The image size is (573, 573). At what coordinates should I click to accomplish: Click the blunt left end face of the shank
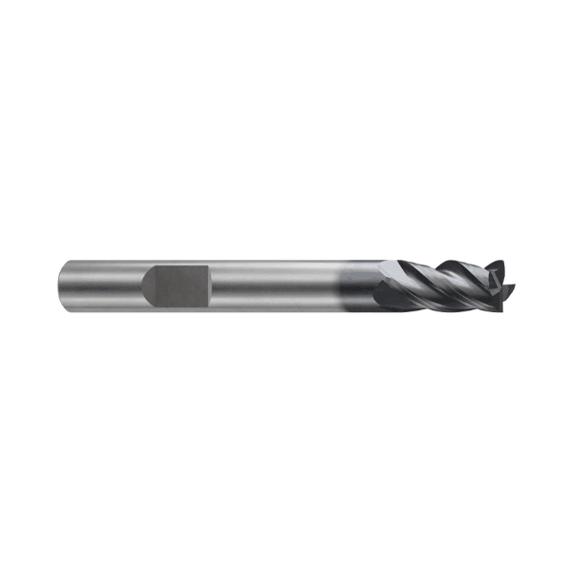61,284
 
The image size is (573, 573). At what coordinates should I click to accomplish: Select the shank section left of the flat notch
100,284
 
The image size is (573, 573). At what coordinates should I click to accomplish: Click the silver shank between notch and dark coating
272,284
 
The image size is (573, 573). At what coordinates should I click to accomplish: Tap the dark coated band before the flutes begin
358,284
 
